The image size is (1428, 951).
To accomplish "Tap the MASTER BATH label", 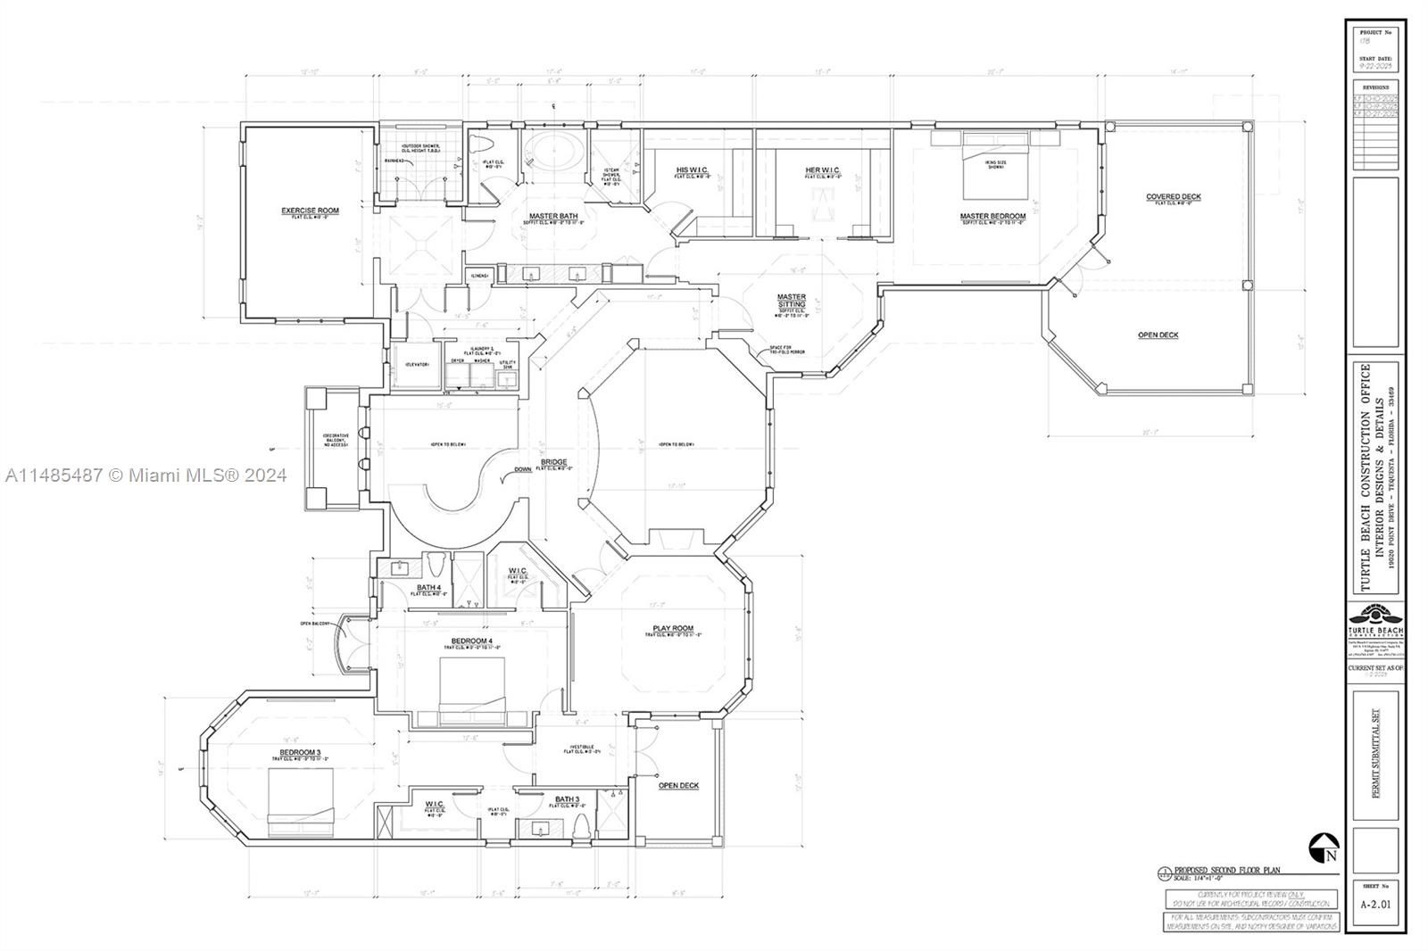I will coord(553,216).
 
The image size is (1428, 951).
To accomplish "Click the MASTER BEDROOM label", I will coord(992,216).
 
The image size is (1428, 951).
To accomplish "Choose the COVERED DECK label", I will coord(1174,196).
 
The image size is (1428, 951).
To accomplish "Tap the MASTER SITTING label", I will coord(791,301).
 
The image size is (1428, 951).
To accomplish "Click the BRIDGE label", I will coord(553,462).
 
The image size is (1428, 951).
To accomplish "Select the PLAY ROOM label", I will coord(673,629).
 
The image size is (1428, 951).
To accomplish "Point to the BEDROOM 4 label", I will coord(470,641).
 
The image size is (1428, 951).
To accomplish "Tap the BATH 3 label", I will coord(567,798).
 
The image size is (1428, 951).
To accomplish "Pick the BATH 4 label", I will coord(429,587).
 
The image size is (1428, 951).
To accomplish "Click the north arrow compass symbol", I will coord(1324,848).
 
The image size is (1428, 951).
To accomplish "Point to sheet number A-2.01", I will coord(1374,903).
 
